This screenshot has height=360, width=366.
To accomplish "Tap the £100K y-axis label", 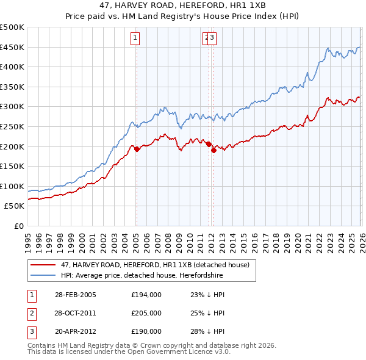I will (x=12, y=186).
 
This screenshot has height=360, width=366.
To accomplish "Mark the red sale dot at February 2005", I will (x=137, y=148).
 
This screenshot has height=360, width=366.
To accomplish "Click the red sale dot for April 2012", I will (x=213, y=150).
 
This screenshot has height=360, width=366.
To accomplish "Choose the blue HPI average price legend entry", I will (x=142, y=276).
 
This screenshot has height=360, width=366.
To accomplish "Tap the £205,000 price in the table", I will (x=146, y=313).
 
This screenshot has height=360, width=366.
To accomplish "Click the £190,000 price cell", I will (x=146, y=331).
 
